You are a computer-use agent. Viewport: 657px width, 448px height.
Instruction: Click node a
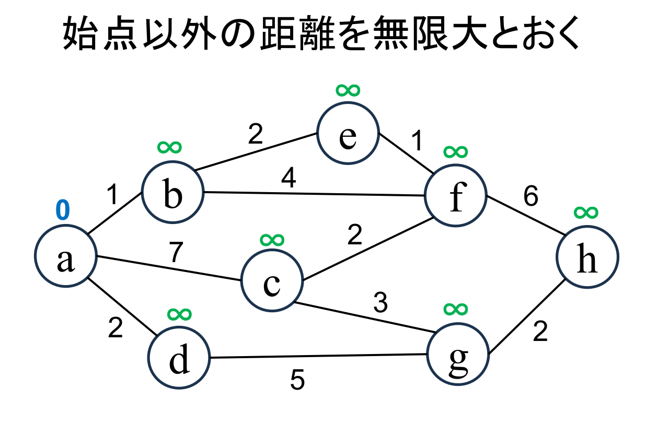65,256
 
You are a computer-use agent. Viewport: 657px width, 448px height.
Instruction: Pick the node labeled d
179,359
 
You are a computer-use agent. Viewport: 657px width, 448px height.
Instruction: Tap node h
587,256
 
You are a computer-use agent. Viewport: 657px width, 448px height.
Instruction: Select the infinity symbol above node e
348,90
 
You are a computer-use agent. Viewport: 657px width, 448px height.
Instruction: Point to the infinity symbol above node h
586,212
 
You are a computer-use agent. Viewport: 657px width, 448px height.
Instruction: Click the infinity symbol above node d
180,314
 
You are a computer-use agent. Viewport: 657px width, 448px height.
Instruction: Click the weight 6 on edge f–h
531,197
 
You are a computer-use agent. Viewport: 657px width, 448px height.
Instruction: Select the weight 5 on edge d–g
297,381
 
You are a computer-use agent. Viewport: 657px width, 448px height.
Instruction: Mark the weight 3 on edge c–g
381,303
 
